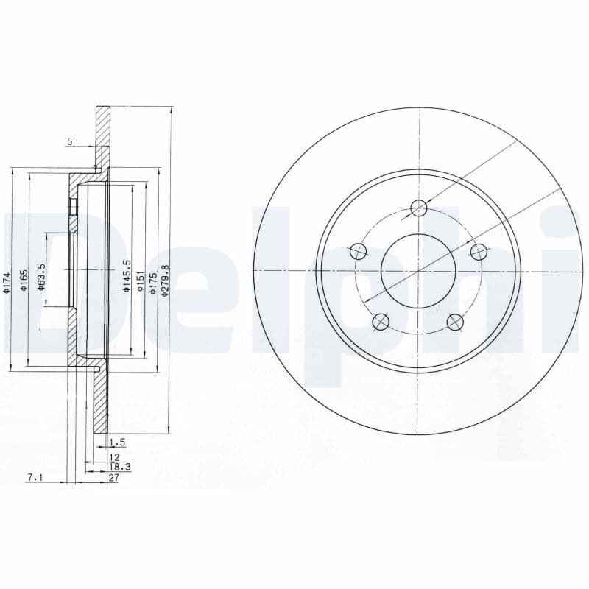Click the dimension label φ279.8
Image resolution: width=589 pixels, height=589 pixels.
tap(166, 281)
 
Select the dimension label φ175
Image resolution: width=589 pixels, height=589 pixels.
tap(152, 283)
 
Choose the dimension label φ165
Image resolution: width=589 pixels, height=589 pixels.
tap(24, 281)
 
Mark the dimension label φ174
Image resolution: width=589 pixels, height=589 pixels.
tap(6, 283)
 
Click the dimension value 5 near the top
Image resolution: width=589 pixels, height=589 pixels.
tap(70, 141)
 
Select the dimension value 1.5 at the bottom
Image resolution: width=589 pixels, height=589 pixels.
tap(116, 442)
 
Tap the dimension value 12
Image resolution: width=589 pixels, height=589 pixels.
tap(113, 457)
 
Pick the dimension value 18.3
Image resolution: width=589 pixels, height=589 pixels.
tap(119, 467)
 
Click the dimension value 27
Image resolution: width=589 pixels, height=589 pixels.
tap(113, 477)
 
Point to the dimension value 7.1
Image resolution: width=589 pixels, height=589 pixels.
tap(35, 477)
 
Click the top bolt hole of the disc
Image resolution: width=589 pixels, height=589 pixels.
tap(418, 208)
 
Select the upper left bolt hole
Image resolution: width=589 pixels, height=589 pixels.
tap(359, 251)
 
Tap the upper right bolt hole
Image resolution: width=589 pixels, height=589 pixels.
tap(479, 251)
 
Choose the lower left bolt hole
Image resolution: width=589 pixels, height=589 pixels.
tap(381, 321)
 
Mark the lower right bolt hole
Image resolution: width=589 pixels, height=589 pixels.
tap(456, 321)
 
